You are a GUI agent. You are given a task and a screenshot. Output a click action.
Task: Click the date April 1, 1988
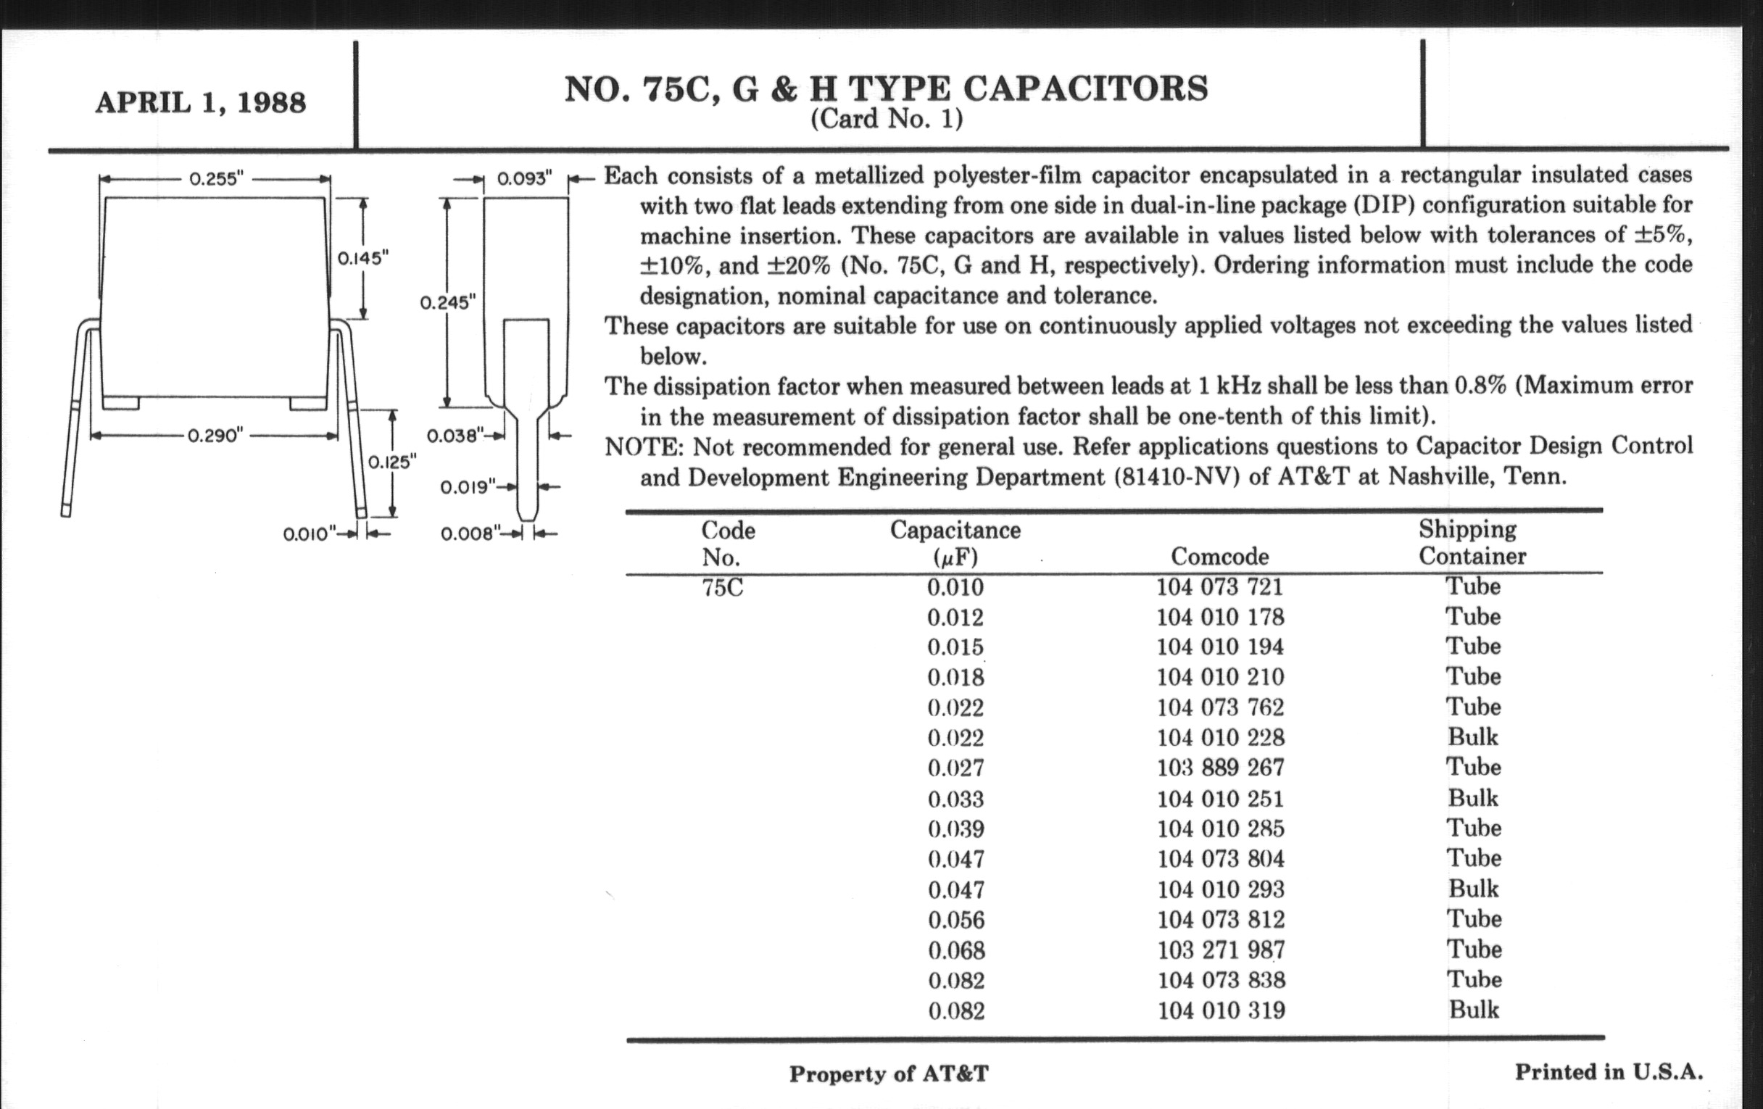pos(200,103)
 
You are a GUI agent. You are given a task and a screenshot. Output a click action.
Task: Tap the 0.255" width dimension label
pos(216,179)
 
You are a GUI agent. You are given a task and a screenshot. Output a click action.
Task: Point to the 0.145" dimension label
pos(362,258)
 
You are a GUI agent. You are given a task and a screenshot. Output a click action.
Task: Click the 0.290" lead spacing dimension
pos(215,436)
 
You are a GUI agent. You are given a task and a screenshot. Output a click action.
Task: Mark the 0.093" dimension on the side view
pos(523,178)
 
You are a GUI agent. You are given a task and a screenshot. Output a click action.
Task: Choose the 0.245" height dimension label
pos(447,302)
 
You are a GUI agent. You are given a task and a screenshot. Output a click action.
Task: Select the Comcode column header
pos(1220,557)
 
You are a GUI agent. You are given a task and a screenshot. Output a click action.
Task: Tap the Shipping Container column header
pos(1472,542)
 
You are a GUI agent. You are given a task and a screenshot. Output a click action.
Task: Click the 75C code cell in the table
pos(722,588)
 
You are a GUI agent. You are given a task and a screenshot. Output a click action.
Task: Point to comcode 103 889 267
pos(1221,768)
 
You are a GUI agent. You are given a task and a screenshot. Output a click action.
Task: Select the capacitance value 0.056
pos(956,920)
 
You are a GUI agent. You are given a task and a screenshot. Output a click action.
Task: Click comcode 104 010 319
pos(1221,1011)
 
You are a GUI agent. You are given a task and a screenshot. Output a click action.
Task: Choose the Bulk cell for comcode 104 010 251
pos(1473,798)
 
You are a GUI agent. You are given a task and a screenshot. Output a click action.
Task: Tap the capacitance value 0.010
pos(955,587)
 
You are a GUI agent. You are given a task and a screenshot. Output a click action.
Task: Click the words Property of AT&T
pos(888,1074)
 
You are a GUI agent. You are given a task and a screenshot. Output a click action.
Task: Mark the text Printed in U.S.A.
pos(1609,1073)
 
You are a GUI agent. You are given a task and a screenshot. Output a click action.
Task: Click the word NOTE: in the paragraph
pos(644,446)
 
